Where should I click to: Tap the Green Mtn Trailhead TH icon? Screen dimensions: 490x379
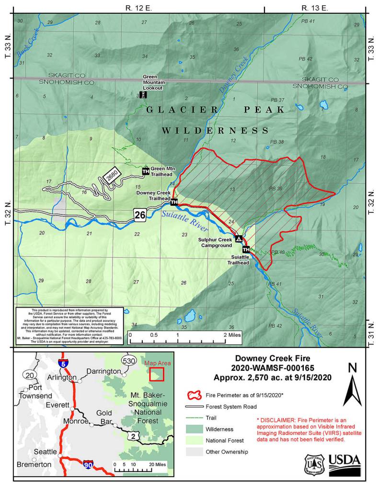coord(145,171)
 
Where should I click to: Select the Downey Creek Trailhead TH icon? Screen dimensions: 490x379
coord(174,202)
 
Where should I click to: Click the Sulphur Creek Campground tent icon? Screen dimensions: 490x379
coord(238,239)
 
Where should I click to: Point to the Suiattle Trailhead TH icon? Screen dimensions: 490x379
coord(246,249)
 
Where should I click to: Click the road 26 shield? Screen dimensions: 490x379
coord(139,215)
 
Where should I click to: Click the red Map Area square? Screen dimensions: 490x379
coord(157,374)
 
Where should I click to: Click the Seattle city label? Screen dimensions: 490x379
coord(46,452)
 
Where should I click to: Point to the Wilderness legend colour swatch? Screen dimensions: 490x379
coord(194,429)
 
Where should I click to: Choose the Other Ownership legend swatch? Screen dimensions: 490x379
coord(194,451)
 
